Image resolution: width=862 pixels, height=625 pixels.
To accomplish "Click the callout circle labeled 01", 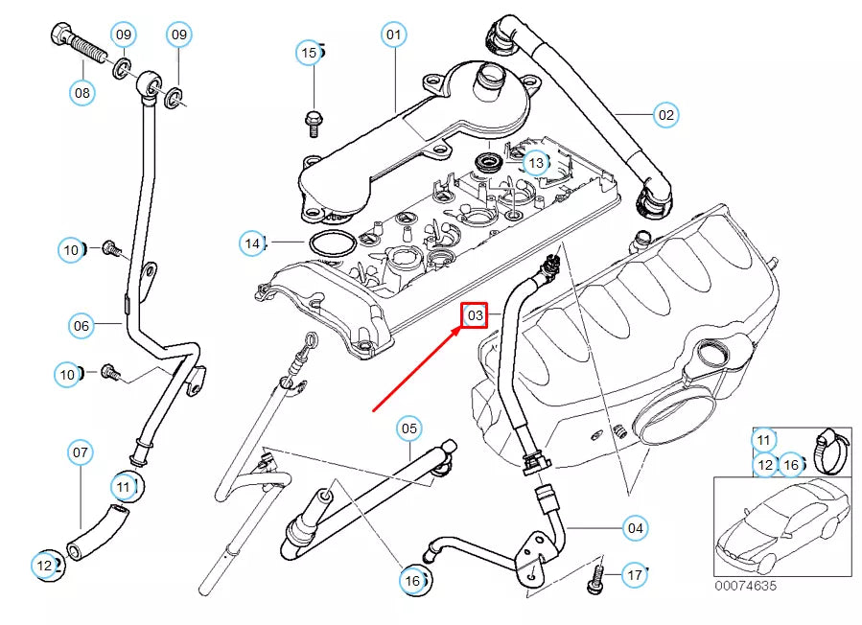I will pos(392,35).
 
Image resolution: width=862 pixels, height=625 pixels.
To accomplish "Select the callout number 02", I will pos(664,115).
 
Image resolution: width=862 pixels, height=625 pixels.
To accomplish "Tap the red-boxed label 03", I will pos(476,315).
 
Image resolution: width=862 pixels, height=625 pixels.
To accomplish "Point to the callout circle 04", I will pos(635,527).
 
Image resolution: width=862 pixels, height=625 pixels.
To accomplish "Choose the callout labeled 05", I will pos(408,428).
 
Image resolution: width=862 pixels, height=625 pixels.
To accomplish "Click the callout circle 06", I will pos(82,326).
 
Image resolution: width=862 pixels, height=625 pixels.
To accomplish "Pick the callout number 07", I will pos(81,451).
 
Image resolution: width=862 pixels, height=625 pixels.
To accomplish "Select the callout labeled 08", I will pos(82,93).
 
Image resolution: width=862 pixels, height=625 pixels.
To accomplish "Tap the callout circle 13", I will pos(535,163).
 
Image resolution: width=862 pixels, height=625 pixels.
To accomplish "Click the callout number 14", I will pos(252,243).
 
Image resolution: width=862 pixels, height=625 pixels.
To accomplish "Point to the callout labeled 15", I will pos(309,53).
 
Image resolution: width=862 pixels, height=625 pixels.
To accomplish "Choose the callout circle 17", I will pos(635,575).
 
